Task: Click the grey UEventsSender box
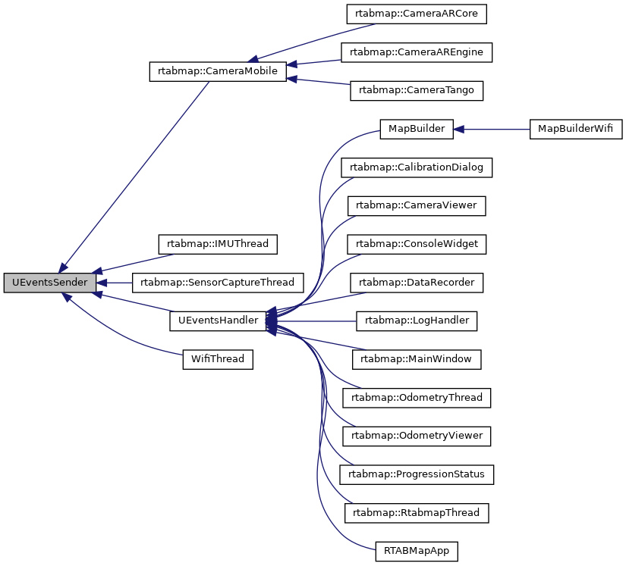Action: (x=50, y=283)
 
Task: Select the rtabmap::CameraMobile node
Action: (x=218, y=72)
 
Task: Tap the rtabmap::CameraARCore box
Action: (x=417, y=14)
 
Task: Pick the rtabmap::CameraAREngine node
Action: (x=417, y=52)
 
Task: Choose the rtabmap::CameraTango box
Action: (x=417, y=90)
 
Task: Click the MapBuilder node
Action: (x=417, y=129)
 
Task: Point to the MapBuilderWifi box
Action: (x=575, y=129)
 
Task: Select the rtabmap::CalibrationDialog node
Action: (x=417, y=167)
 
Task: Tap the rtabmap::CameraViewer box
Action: (x=417, y=205)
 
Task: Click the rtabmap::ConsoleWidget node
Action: (x=417, y=244)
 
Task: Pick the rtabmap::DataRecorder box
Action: (x=417, y=283)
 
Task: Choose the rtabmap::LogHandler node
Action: (x=417, y=321)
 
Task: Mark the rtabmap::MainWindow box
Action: (x=417, y=359)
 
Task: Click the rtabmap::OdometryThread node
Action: (x=417, y=397)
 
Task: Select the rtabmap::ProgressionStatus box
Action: (x=417, y=474)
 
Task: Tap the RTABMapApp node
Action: (x=417, y=551)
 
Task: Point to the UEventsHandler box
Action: (x=218, y=321)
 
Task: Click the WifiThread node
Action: (x=218, y=359)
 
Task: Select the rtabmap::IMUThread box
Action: (x=218, y=244)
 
